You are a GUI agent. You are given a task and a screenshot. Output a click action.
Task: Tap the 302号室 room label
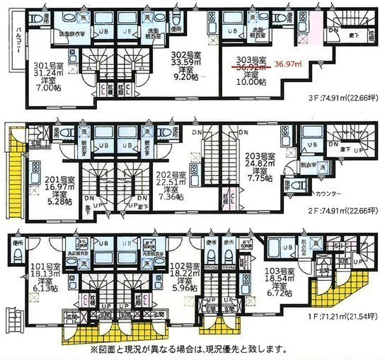[x=187, y=52]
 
